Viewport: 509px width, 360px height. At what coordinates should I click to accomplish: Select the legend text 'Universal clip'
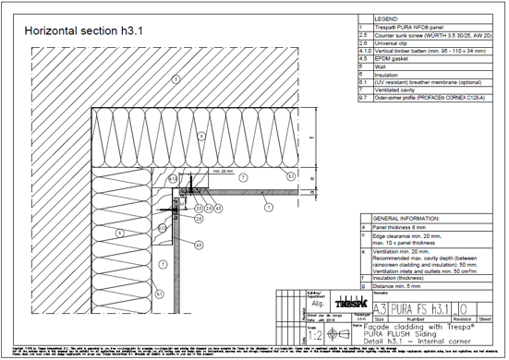coord(394,42)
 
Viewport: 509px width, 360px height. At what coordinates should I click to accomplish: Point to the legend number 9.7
coord(363,97)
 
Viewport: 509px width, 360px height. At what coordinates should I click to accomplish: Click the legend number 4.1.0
coord(364,50)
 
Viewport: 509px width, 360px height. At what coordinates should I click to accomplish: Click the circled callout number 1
coord(267,210)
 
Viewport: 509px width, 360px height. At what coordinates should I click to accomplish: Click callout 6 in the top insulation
coord(199,136)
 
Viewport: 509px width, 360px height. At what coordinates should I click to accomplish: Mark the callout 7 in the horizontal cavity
coord(242,175)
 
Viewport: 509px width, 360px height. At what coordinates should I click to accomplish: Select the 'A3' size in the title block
coord(379,306)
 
